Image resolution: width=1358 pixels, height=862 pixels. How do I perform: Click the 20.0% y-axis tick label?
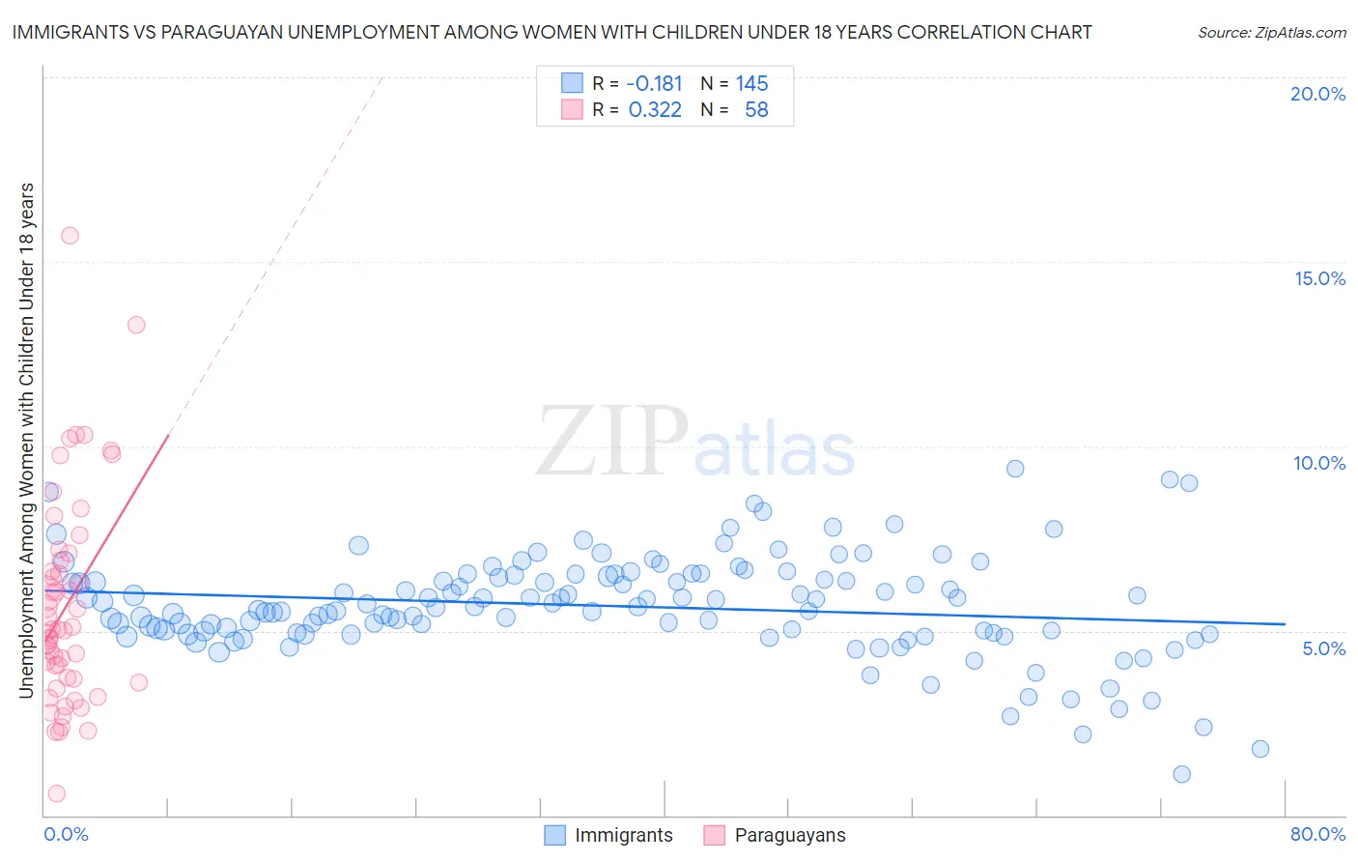coord(1317,94)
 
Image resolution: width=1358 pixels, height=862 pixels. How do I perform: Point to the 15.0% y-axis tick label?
coord(1319,278)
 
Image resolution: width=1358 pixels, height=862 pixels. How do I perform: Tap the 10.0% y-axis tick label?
coord(1319,463)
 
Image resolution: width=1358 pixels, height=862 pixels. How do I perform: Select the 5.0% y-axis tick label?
coord(1323,648)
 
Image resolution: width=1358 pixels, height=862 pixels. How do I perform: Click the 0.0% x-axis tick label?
coord(66,834)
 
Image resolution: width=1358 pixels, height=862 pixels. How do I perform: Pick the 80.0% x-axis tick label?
coord(1317,834)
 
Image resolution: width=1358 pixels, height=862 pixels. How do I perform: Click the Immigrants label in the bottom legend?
coord(623,835)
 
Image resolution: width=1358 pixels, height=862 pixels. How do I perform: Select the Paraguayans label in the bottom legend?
coord(789,835)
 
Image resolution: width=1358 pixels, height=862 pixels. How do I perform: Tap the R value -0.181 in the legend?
coord(654,83)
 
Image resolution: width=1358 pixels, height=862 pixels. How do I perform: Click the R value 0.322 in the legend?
coord(655,110)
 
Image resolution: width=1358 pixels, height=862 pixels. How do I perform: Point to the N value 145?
coord(751,83)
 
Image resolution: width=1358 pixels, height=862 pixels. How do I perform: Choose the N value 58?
coord(756,110)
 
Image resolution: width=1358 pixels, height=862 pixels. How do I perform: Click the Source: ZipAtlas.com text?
coord(1271,32)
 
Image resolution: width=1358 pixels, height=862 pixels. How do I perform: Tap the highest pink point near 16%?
coord(70,235)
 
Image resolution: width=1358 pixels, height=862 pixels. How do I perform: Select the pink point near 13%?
coord(136,325)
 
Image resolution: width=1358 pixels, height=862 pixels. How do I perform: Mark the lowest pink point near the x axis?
coord(57,793)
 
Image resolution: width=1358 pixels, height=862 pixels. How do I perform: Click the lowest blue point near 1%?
coord(1181,774)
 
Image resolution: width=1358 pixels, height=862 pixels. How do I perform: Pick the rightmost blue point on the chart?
coord(1259,749)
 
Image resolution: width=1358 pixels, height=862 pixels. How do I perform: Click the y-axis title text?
coord(26,440)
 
